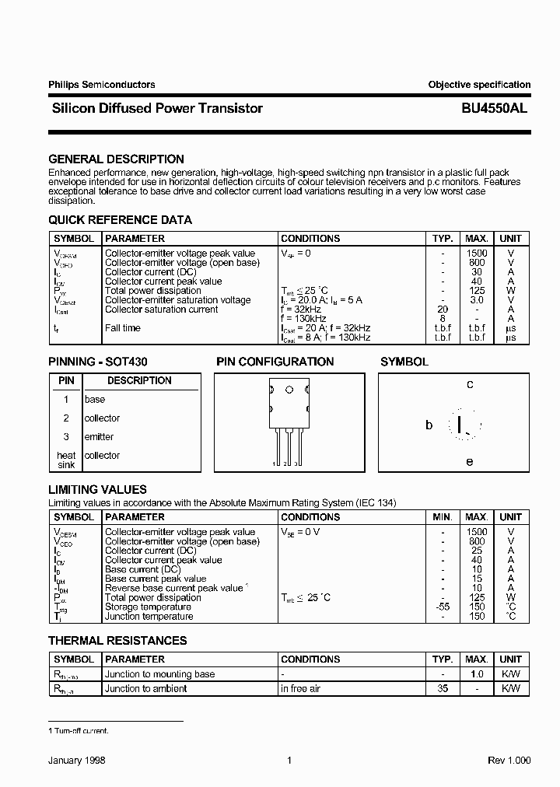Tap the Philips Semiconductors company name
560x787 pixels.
click(101, 85)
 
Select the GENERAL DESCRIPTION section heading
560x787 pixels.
click(116, 159)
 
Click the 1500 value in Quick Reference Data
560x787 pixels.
click(477, 254)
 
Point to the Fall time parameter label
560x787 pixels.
click(123, 328)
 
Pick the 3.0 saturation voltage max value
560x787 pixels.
click(477, 300)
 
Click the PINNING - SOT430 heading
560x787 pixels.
click(98, 362)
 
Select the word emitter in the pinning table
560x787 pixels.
click(99, 437)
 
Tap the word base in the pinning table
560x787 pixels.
click(94, 400)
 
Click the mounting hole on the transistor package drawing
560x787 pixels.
click(289, 390)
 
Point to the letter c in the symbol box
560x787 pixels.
click(470, 384)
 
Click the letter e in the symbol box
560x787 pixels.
click(470, 461)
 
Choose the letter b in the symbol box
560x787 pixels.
click(429, 425)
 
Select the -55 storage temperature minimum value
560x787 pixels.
click(443, 607)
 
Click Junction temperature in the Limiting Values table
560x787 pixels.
click(149, 617)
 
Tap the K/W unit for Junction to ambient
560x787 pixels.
click(510, 689)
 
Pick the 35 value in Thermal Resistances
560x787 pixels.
click(443, 689)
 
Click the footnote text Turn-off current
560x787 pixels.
click(81, 731)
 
